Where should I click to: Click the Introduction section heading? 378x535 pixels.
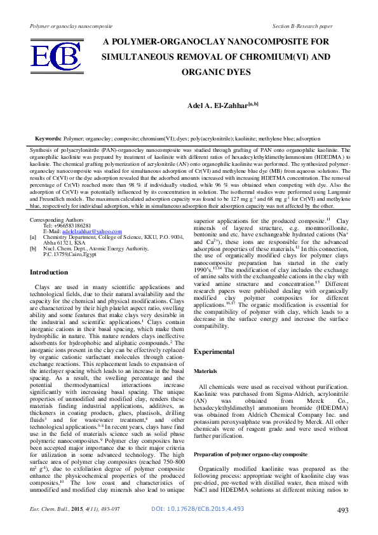50,272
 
